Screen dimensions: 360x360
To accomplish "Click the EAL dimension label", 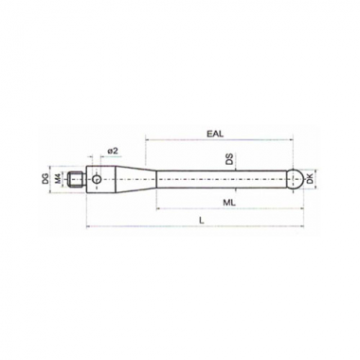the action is pyautogui.click(x=215, y=134).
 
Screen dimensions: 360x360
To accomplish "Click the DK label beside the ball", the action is pyautogui.click(x=310, y=179).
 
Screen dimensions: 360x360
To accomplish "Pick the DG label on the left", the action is pyautogui.click(x=45, y=179).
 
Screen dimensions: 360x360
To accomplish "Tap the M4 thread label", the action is pyautogui.click(x=58, y=179).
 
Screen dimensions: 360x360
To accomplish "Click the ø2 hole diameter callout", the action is pyautogui.click(x=113, y=152).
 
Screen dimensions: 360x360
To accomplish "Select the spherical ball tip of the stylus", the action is pyautogui.click(x=297, y=179).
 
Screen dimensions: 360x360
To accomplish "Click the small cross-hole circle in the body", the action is pyautogui.click(x=97, y=179).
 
